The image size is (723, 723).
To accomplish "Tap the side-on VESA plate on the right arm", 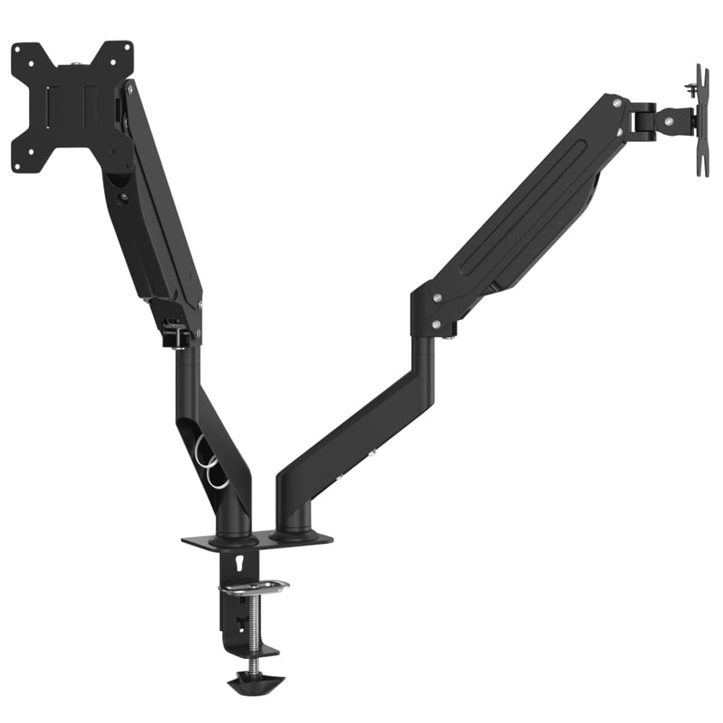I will [701, 121].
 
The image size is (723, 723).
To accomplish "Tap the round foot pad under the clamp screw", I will [254, 681].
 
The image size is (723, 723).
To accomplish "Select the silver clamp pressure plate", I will [253, 588].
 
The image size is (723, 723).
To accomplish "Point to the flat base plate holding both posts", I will [257, 540].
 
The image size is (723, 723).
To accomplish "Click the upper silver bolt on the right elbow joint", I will [437, 297].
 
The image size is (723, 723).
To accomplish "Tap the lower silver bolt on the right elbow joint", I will [437, 324].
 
